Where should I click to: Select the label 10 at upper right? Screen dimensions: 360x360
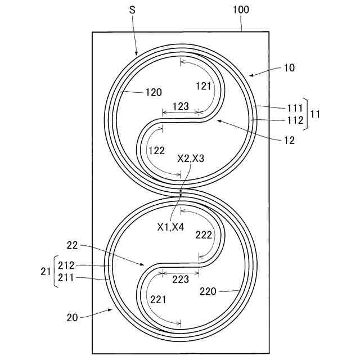coord(289,67)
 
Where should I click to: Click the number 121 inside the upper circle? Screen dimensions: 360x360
coord(203,85)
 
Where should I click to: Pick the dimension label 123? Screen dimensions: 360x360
coord(181,105)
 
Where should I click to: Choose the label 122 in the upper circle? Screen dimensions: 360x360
coord(156,150)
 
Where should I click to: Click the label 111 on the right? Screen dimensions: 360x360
coord(294,108)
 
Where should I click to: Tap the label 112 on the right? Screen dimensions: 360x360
coord(294,120)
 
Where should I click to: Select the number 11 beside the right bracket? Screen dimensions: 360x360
coord(316,114)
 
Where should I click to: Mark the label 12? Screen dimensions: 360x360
coord(290,141)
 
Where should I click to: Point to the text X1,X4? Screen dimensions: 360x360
coord(171,227)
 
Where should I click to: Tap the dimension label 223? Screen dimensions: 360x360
coord(181,280)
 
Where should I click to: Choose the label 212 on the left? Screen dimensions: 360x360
coord(66,265)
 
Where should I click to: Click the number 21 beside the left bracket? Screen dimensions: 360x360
coord(45,271)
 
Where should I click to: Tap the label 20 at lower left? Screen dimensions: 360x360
coord(71,317)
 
